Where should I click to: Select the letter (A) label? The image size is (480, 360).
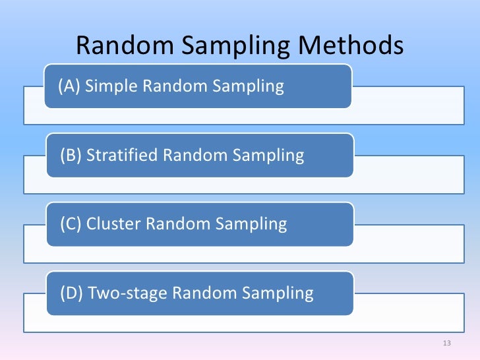[69, 86]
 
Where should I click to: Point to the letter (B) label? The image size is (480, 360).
[71, 156]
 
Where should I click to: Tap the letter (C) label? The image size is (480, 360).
[71, 224]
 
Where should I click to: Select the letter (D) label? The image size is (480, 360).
[72, 293]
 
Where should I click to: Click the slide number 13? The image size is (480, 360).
[446, 344]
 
